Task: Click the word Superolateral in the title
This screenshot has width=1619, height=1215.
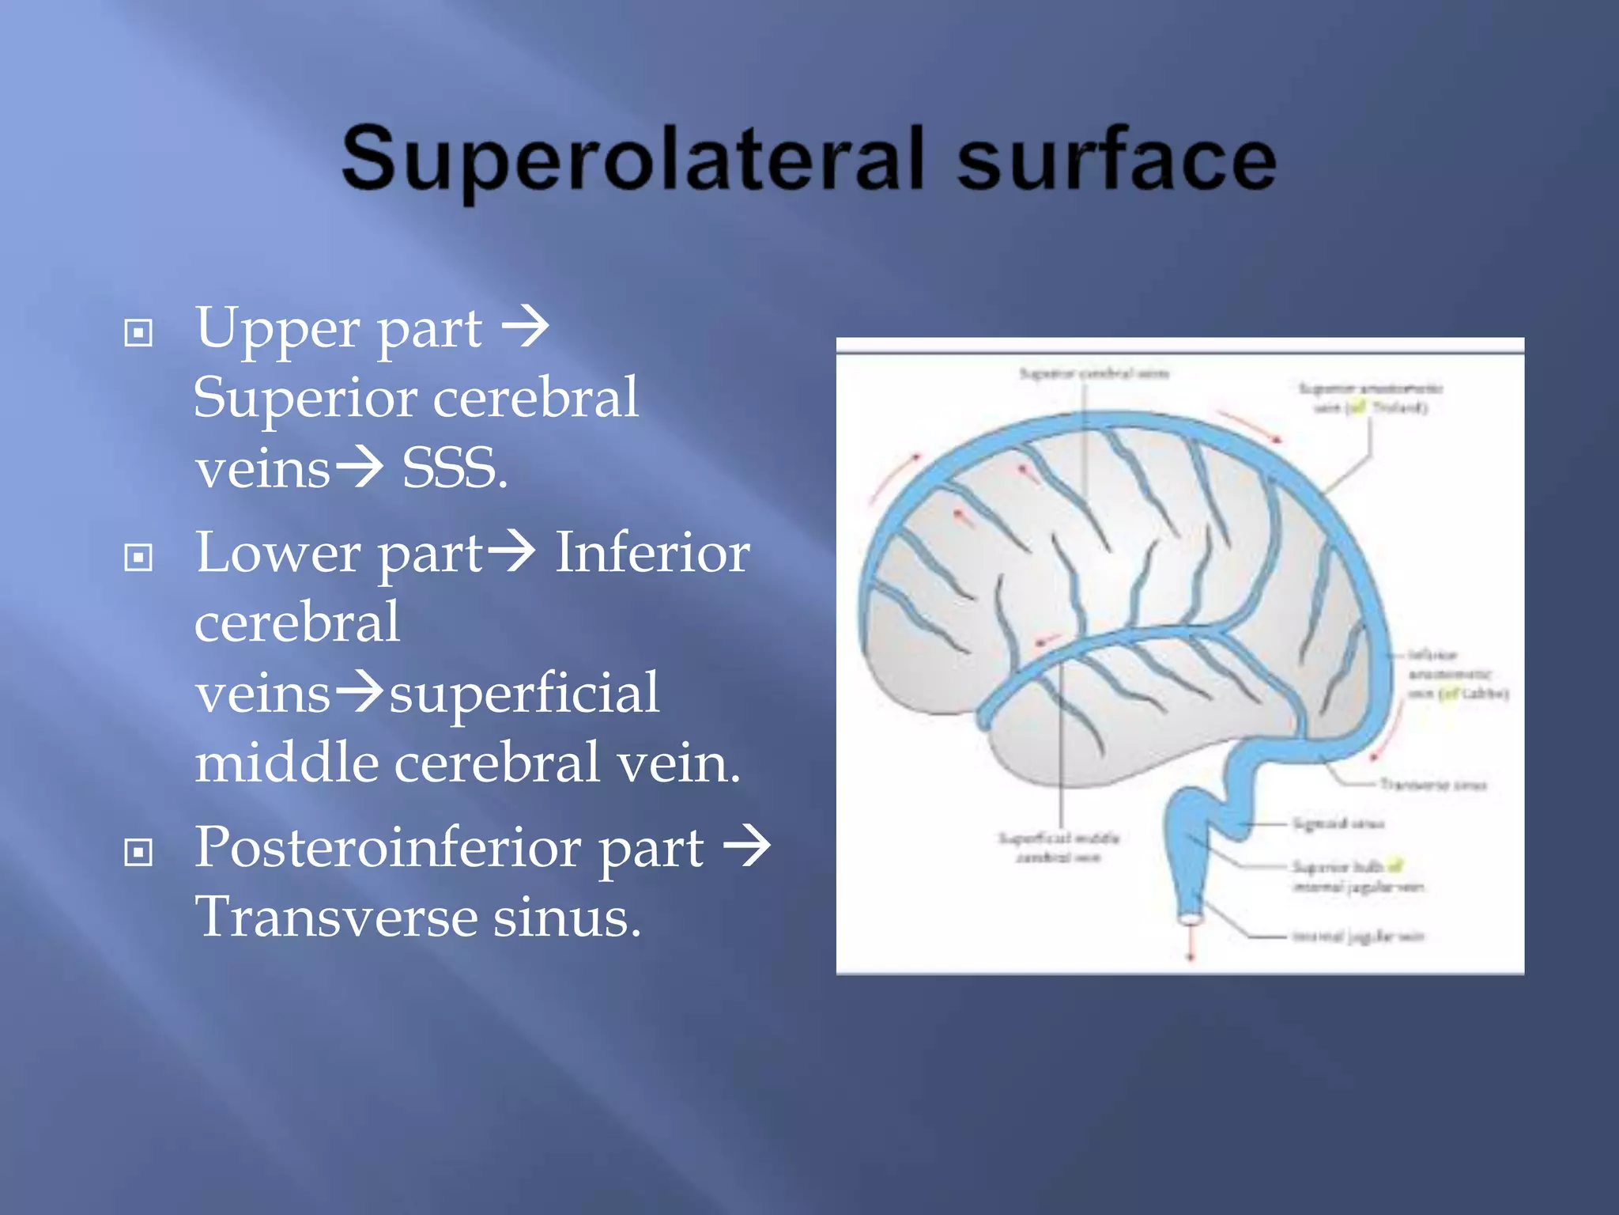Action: click(x=632, y=160)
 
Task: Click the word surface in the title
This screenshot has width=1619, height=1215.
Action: click(x=1116, y=160)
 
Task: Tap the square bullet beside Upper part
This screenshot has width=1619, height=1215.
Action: click(x=138, y=333)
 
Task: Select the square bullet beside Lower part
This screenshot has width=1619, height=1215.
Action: click(x=138, y=558)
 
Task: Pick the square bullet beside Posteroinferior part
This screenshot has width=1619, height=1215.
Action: click(x=138, y=852)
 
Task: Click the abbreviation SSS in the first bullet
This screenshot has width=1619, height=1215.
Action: click(x=454, y=468)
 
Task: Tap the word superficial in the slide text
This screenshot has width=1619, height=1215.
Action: click(x=524, y=693)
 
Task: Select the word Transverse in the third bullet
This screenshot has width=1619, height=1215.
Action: click(x=336, y=918)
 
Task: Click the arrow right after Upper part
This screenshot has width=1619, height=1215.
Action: click(x=526, y=326)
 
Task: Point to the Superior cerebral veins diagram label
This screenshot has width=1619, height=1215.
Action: click(x=1093, y=373)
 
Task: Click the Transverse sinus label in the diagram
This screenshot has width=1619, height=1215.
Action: click(x=1432, y=785)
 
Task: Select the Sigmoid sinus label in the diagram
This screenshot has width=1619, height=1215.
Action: click(x=1338, y=824)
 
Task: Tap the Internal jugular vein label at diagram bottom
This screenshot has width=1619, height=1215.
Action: click(x=1357, y=937)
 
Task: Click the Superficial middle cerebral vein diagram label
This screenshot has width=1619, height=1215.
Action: click(x=1059, y=847)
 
